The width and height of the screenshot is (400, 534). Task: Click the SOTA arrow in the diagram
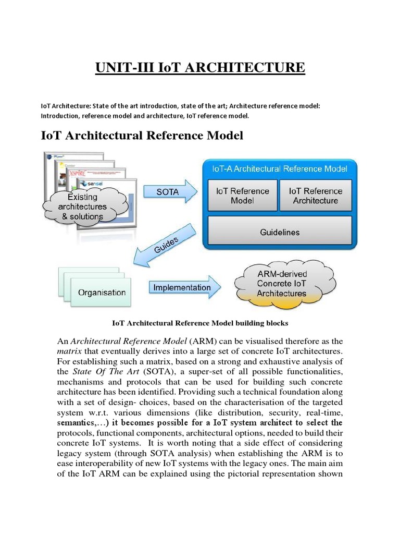tap(170, 192)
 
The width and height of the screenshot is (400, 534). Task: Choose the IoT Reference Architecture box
tap(316, 196)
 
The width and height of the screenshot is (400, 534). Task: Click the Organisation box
tap(102, 292)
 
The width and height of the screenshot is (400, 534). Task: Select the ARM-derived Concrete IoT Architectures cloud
tap(282, 284)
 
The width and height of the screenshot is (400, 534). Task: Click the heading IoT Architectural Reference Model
tap(142, 136)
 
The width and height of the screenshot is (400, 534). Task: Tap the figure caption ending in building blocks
tap(200, 323)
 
